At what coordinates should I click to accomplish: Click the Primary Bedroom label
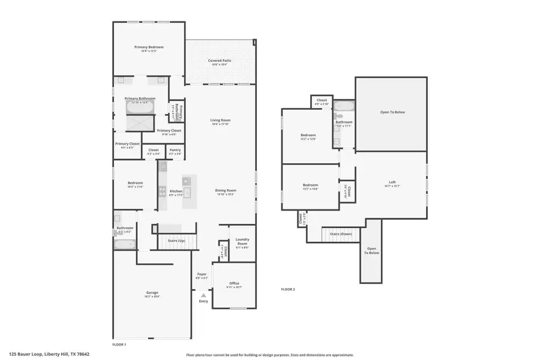tap(149, 47)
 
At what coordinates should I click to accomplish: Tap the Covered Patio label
tap(220, 61)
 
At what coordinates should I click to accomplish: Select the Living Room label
tap(220, 120)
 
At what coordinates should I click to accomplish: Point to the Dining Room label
tap(226, 191)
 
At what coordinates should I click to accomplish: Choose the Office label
tap(234, 283)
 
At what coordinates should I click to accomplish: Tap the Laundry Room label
tap(242, 241)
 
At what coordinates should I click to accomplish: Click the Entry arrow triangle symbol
tap(203, 295)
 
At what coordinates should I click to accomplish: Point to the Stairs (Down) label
tap(341, 234)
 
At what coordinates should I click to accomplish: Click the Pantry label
tap(175, 150)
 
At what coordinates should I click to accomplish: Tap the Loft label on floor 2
tap(392, 182)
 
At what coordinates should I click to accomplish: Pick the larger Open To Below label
tap(392, 112)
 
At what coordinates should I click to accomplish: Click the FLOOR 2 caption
tap(288, 289)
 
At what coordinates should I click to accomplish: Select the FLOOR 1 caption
tap(119, 344)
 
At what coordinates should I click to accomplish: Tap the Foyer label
tap(202, 274)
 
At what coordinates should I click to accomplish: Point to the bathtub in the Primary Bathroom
tap(140, 109)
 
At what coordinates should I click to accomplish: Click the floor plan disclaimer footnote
tap(269, 355)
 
